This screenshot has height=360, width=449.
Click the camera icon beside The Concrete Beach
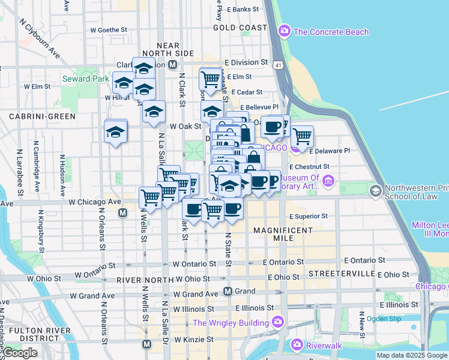click(285, 31)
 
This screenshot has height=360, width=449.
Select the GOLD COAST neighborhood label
click(240, 28)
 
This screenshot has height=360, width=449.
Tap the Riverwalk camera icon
click(297, 344)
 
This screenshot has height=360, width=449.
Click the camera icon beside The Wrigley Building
click(278, 323)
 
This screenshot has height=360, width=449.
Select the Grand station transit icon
click(228, 292)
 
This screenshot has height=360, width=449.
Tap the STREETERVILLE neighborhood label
click(341, 274)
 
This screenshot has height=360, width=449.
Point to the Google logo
click(20, 352)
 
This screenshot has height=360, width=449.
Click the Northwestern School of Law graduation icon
click(376, 191)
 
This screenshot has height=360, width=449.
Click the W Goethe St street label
click(109, 29)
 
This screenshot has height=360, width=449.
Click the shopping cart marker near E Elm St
click(210, 79)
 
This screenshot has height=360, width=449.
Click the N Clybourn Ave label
click(41, 38)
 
